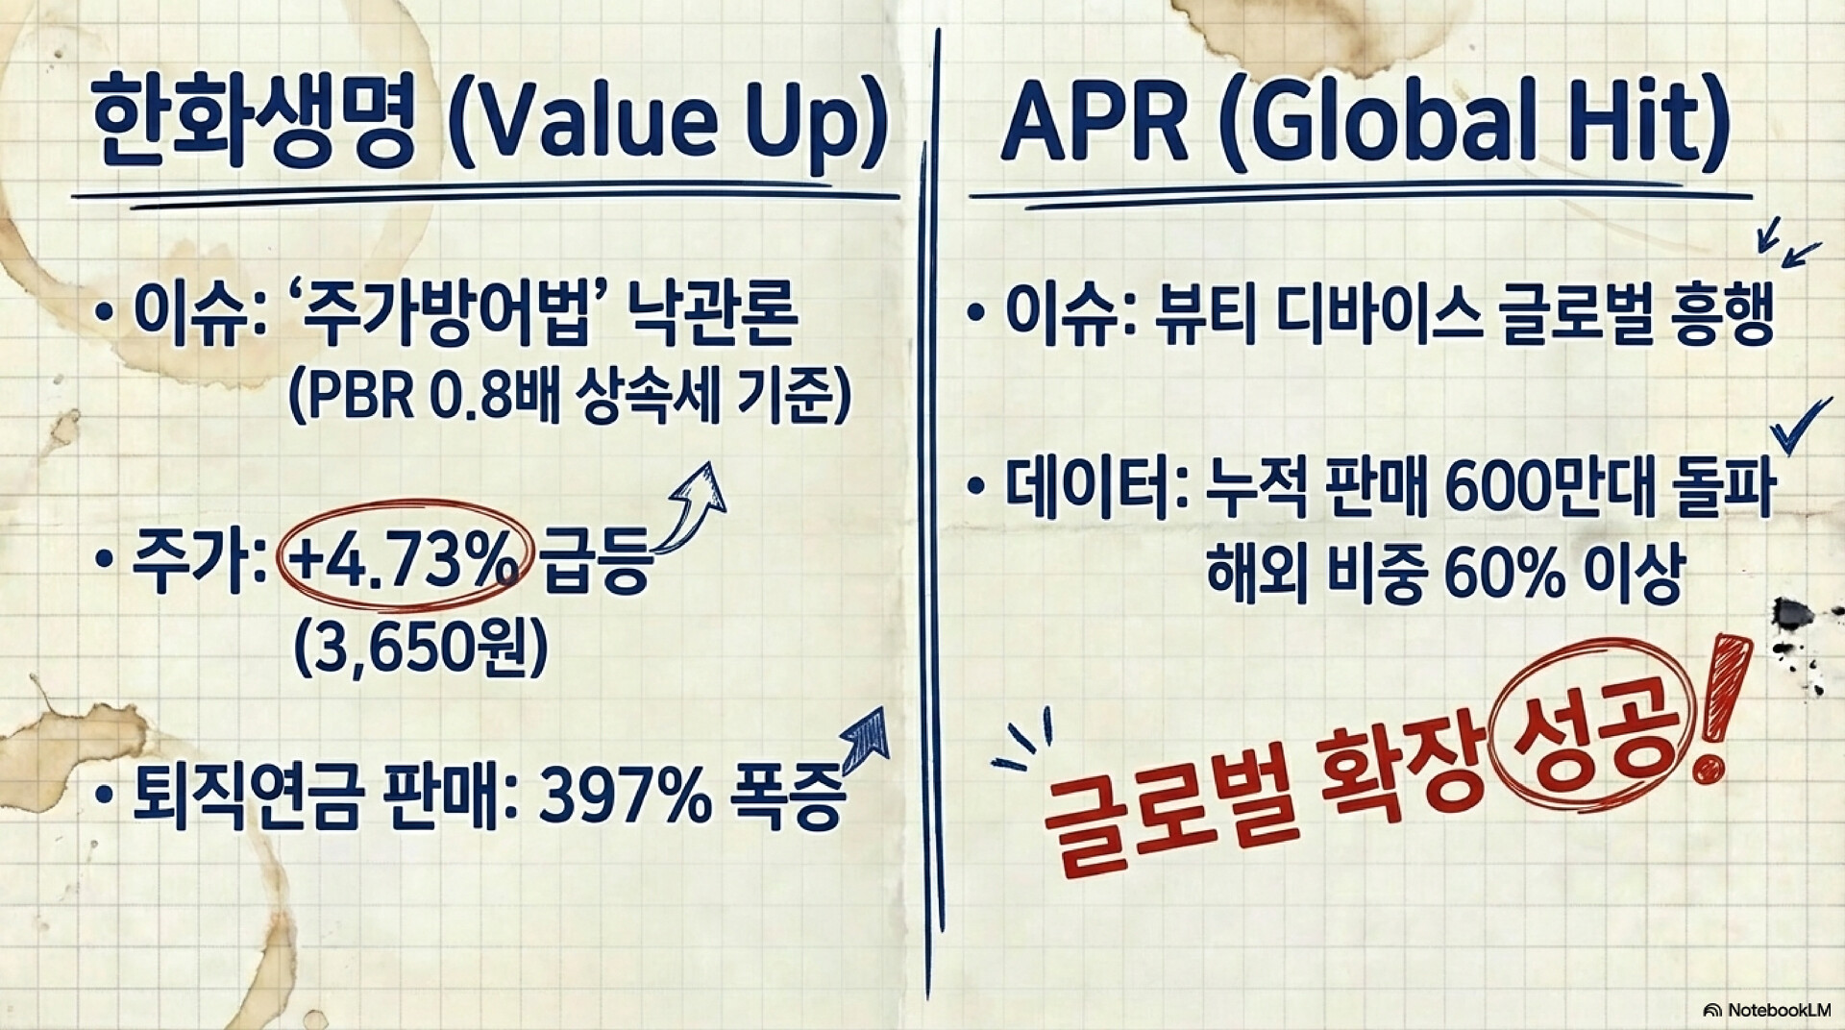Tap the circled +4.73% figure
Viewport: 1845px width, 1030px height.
coord(402,566)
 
